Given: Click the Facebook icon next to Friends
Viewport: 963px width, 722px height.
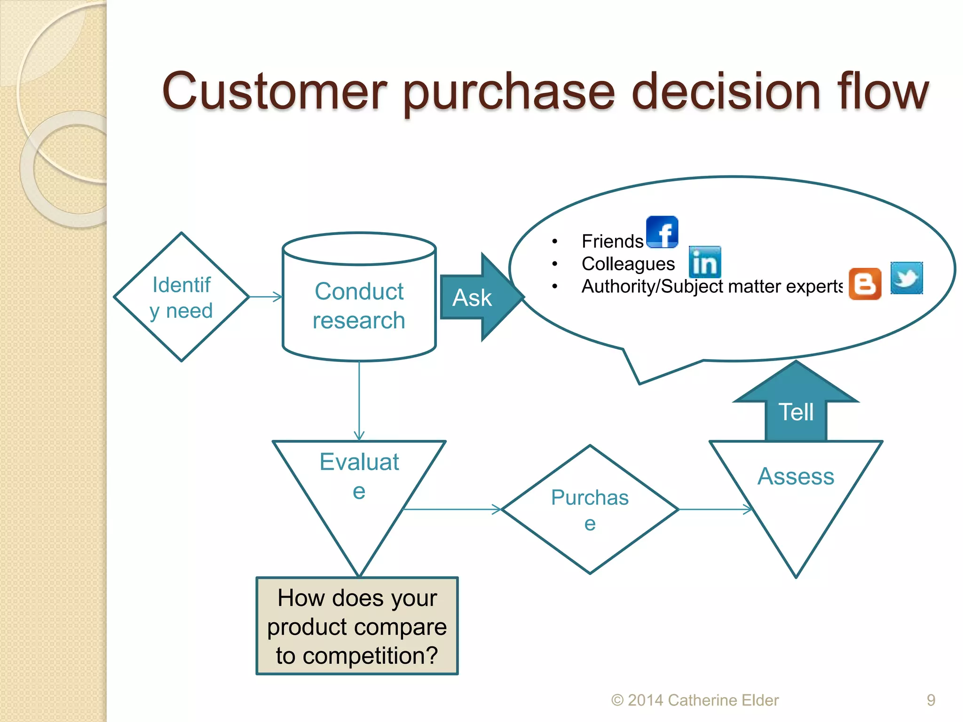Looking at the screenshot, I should (662, 232).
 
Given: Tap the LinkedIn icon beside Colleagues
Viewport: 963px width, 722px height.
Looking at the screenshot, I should (704, 262).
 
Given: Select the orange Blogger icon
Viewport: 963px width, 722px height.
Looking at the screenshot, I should (865, 284).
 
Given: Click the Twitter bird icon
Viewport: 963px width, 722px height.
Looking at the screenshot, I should (907, 278).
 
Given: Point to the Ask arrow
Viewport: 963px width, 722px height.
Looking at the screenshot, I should (475, 298).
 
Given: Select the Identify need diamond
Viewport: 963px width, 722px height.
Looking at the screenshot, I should (182, 297).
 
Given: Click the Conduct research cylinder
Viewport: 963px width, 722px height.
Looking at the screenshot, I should (359, 306).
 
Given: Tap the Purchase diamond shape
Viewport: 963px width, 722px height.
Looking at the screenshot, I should (590, 510).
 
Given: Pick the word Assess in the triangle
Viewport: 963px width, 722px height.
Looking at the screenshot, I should (796, 476).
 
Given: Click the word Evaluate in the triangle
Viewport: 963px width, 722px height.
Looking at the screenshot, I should (359, 462).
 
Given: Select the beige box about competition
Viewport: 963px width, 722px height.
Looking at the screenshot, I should (357, 626).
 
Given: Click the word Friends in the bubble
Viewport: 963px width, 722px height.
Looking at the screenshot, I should (612, 241).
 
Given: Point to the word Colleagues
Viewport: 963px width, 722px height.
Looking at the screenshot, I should (628, 264).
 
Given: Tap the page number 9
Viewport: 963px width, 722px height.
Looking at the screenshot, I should (931, 700).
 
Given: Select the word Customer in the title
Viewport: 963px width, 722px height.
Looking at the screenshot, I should (275, 92).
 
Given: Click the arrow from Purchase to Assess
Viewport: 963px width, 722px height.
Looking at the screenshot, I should (715, 509).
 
